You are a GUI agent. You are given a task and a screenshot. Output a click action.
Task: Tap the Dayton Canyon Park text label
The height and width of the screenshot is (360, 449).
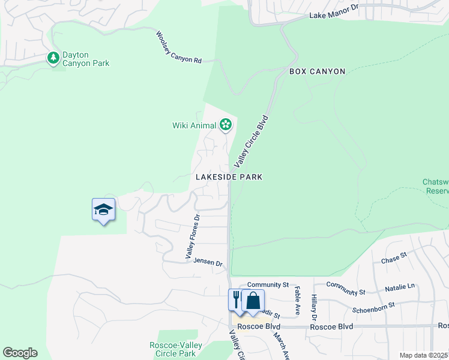85,59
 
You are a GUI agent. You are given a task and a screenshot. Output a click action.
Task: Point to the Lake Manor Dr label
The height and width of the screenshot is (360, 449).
333,14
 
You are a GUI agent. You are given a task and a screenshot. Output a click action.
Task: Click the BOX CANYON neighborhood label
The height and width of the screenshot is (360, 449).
317,71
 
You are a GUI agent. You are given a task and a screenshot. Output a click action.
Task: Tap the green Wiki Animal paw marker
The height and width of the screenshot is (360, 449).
226,125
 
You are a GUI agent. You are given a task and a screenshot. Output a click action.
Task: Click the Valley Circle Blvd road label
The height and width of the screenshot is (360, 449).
251,141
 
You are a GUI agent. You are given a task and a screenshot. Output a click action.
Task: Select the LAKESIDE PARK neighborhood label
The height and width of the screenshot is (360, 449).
229,177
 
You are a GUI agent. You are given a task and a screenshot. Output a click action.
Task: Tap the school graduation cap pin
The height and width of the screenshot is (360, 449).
103,210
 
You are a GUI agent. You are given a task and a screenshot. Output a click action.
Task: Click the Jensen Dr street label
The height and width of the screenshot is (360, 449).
208,262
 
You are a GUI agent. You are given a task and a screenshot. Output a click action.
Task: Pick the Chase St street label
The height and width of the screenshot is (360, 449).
394,258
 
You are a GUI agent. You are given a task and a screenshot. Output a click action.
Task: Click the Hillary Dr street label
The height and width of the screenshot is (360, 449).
313,306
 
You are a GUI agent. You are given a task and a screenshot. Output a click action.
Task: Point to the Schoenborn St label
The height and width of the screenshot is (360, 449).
373,305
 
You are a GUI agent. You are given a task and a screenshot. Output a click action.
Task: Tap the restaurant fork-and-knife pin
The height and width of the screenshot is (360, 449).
237,299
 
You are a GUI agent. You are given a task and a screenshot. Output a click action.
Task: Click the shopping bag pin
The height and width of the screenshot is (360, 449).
253,299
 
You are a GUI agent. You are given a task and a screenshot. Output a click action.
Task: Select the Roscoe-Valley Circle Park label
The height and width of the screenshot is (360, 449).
175,349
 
